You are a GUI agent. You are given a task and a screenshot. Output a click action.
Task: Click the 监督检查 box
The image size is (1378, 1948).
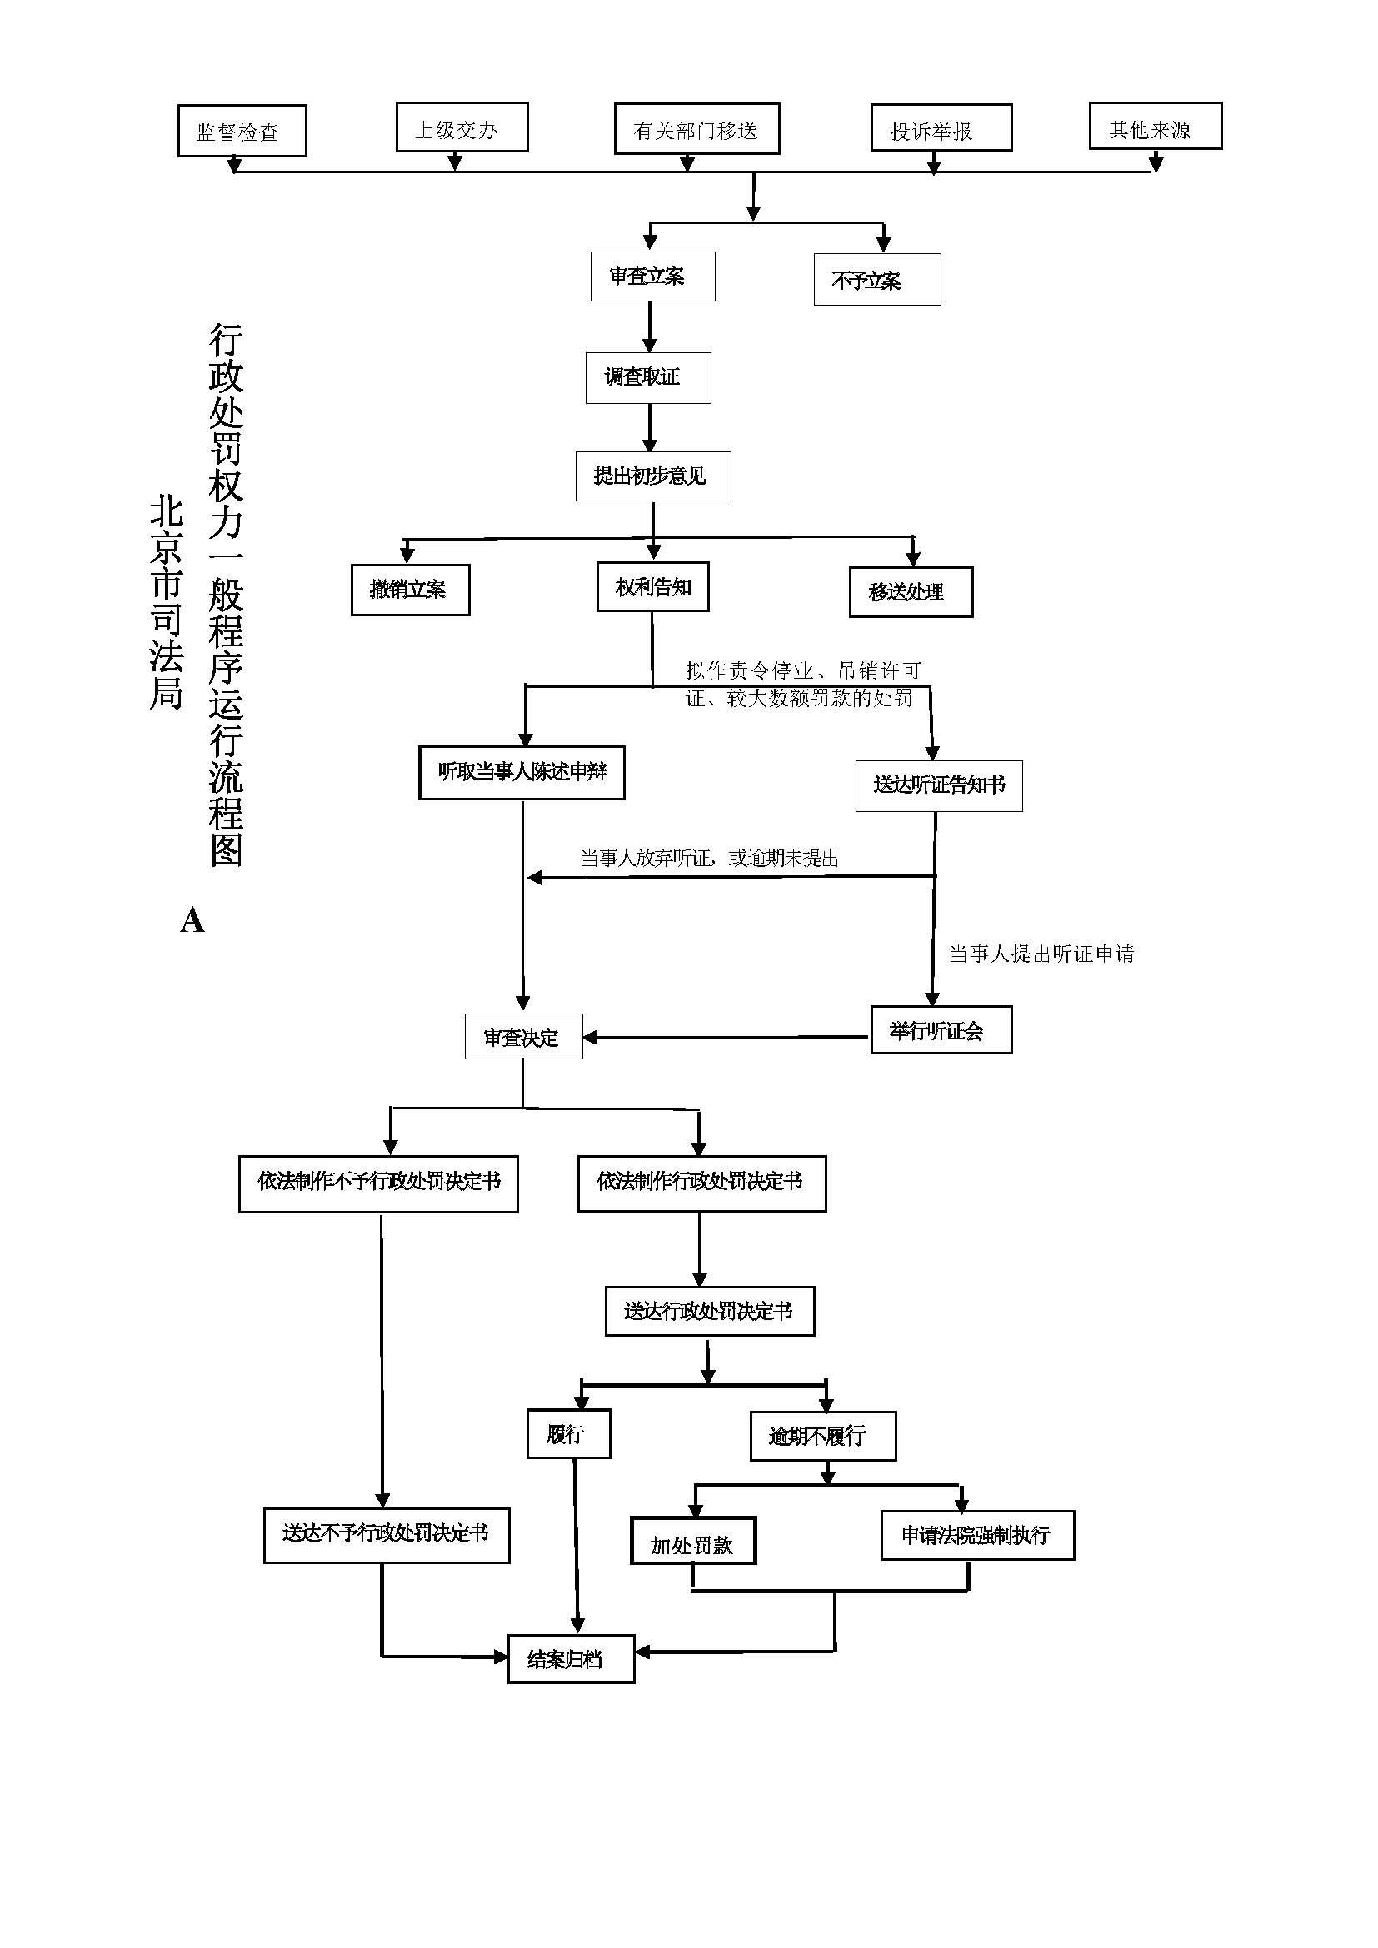[242, 131]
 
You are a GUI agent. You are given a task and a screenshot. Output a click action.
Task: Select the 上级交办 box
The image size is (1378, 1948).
[462, 128]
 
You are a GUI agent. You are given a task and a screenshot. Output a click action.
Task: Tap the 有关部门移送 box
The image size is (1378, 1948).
[696, 129]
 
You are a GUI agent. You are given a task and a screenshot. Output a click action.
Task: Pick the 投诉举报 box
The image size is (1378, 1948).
[941, 128]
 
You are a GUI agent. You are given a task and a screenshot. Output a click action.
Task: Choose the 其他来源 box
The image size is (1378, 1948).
[1155, 127]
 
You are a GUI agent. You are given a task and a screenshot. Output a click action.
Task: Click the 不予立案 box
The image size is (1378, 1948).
[876, 279]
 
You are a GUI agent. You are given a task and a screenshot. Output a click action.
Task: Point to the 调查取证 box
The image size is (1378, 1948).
[648, 377]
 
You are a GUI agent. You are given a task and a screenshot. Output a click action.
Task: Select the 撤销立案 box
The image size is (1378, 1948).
[410, 590]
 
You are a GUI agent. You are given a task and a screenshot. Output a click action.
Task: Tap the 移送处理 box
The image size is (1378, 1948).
[911, 592]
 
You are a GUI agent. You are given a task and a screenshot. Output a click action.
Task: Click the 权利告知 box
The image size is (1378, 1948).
[652, 586]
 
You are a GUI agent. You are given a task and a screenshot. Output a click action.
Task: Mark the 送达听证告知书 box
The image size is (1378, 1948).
[938, 785]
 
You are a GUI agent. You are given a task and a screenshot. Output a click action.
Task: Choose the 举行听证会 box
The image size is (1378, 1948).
[941, 1030]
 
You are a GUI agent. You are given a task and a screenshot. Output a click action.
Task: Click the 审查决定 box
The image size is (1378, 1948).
[523, 1036]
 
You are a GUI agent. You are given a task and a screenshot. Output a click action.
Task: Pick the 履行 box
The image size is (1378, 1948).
[568, 1434]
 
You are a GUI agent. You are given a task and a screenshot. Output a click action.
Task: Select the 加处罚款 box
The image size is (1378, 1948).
[692, 1539]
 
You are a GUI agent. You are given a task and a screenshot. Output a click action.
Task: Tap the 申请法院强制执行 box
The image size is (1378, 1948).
[977, 1535]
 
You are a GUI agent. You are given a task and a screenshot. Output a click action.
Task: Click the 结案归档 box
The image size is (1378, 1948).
[571, 1659]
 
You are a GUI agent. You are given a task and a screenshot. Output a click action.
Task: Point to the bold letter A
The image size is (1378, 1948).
[192, 920]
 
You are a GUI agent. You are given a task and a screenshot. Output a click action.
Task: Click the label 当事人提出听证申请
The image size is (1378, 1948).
[1041, 954]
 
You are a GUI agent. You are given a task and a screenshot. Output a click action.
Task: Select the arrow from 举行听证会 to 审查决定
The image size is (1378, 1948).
[726, 1037]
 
